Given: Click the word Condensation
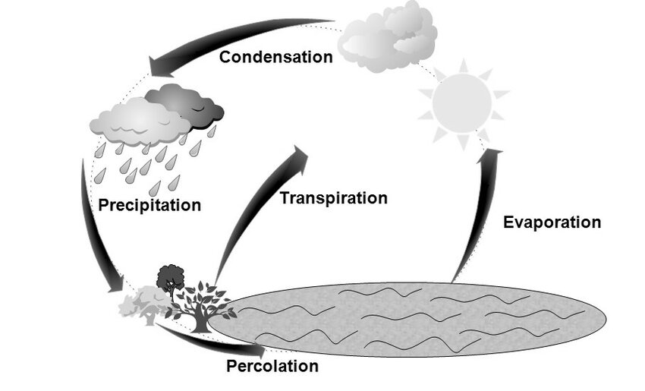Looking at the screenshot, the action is coord(275,57).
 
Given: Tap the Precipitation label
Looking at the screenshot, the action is coord(149,205).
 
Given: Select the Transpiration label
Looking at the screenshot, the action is coord(334,198).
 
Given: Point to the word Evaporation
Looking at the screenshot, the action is coord(552,222).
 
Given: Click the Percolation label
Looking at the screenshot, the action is coord(272,366).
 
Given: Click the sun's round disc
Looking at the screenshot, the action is coord(462,103).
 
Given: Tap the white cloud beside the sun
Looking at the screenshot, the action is coord(388,37).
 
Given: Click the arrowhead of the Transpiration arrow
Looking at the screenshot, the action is coord(298,156).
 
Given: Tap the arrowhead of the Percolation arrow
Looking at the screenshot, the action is coord(258,350).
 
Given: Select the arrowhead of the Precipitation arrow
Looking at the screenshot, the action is coord(116,284).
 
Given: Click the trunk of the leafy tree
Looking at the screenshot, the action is coord(200,321).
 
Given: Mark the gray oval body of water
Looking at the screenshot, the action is coord(407,319).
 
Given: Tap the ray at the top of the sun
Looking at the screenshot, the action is coord(464,66).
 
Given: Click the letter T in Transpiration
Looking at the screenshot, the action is coord(285,198).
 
